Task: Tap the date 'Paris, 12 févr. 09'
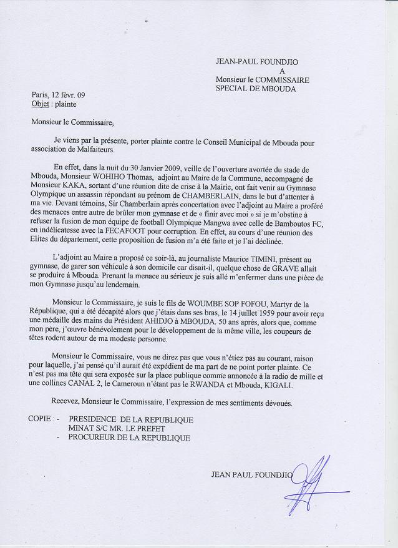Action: (59, 95)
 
